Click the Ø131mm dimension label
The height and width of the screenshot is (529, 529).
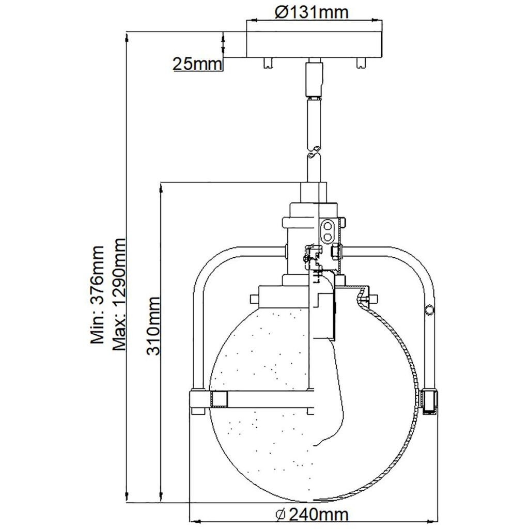(x=311, y=12)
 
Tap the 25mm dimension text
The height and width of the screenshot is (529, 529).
(x=198, y=64)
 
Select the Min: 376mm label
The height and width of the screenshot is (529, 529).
(x=97, y=294)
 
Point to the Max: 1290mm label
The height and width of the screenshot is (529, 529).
(x=119, y=294)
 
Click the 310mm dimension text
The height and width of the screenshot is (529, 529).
(x=153, y=326)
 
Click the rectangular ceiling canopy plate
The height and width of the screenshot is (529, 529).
(x=315, y=44)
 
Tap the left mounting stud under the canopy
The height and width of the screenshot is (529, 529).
(x=268, y=63)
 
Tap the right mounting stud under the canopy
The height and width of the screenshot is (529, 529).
(x=361, y=63)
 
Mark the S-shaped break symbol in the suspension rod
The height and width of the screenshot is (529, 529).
(x=314, y=152)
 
